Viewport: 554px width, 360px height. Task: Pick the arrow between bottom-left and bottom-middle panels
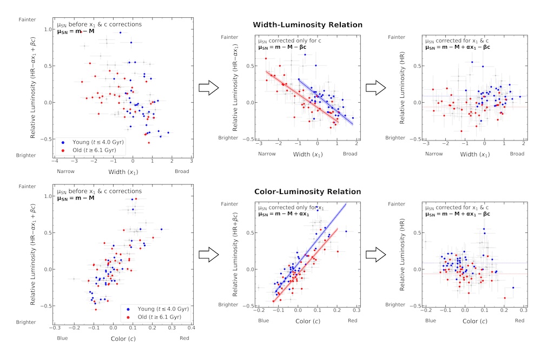click(208, 255)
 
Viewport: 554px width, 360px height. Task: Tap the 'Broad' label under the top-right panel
click(517, 154)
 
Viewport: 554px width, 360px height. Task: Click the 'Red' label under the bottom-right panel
click(519, 321)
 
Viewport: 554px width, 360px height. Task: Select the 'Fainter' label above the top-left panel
click(28, 19)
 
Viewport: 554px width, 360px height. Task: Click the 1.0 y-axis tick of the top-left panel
click(47, 30)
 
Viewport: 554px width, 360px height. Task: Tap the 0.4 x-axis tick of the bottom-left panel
click(191, 328)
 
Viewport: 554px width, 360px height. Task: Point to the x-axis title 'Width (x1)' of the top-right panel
click(474, 154)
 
